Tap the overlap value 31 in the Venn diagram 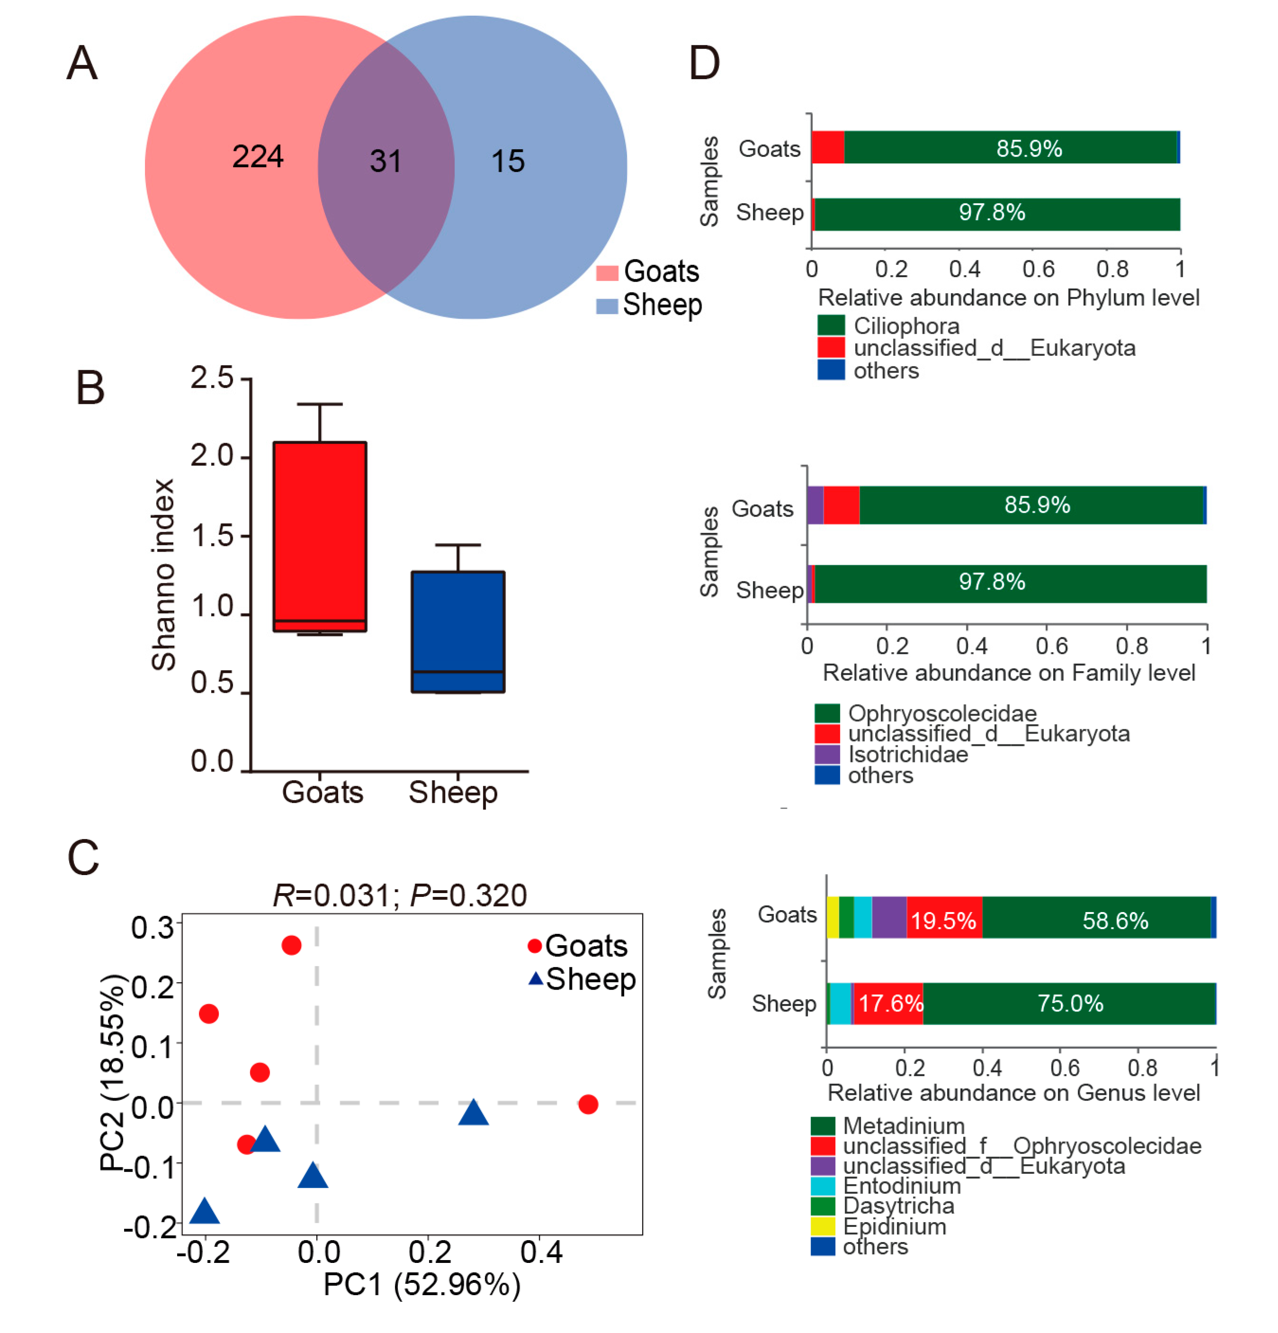385,161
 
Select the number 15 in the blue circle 508,161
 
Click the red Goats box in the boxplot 320,530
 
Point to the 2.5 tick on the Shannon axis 212,378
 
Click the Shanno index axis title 163,575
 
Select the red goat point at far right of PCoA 588,1104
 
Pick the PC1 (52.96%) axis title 422,1285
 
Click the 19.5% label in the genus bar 943,921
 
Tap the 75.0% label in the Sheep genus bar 1070,1003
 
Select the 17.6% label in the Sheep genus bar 890,1003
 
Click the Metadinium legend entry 903,1126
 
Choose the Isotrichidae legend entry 907,754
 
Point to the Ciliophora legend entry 906,326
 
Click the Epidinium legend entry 894,1226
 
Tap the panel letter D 704,63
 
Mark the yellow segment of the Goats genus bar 832,917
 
